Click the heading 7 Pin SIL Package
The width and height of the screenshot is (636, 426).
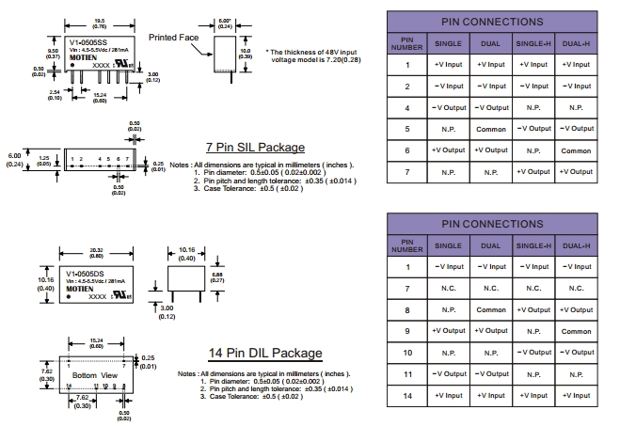(x=255, y=147)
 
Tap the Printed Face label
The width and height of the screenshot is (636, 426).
(x=170, y=39)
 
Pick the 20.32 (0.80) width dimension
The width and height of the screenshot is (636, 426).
(x=97, y=252)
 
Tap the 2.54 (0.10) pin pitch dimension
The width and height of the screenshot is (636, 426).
(x=55, y=94)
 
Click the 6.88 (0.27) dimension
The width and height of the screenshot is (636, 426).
(x=217, y=277)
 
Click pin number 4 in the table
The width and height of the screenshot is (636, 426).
(x=407, y=107)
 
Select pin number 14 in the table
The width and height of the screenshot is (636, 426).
(x=407, y=396)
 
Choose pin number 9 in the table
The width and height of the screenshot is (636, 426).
(x=407, y=331)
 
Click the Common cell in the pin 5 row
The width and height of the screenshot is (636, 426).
(x=490, y=129)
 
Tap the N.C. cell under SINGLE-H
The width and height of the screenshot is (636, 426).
(x=533, y=289)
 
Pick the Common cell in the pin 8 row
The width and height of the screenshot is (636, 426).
(x=490, y=309)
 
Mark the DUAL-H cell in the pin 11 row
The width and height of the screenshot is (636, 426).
(x=576, y=374)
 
